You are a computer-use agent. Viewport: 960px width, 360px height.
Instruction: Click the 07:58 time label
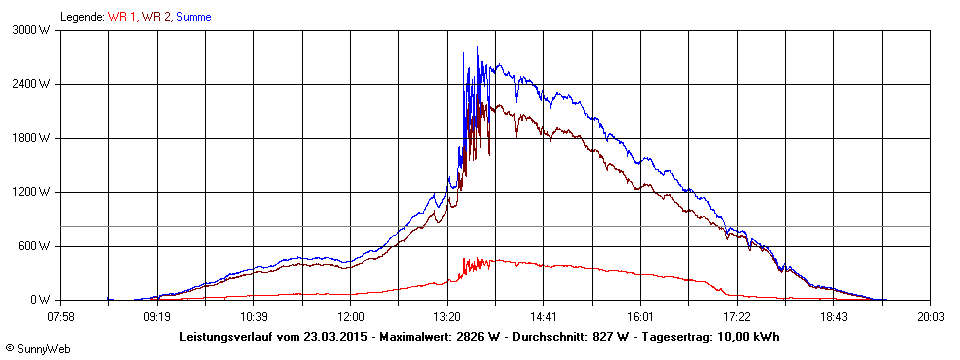tap(61, 316)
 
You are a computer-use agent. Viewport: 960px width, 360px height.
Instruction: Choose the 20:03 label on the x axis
tap(929, 316)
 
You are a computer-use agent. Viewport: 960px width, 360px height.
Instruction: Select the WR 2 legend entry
tap(156, 17)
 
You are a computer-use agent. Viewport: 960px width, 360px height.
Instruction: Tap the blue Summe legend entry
tap(193, 17)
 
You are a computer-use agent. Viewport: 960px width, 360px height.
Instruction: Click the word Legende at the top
tap(81, 17)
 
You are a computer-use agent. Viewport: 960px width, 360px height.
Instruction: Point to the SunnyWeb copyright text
tap(33, 347)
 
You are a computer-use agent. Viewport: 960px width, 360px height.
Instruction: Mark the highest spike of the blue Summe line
tap(477, 47)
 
